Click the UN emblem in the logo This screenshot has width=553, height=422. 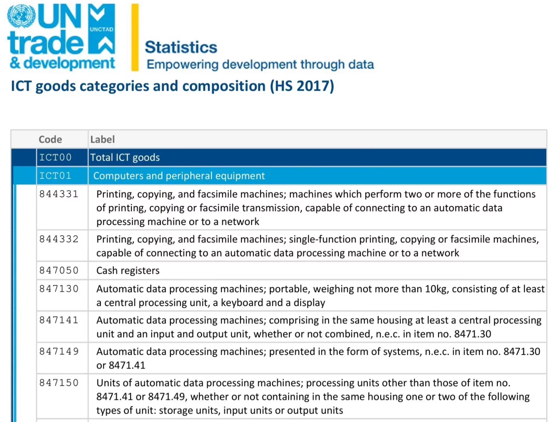[x=21, y=15]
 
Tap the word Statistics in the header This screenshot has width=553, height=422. [x=181, y=47]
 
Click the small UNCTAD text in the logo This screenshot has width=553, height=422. [x=102, y=29]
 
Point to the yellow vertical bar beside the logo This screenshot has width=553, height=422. [x=135, y=37]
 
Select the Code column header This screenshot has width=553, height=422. [x=50, y=139]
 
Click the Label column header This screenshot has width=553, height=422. [x=102, y=139]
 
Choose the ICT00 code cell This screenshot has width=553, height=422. [x=56, y=157]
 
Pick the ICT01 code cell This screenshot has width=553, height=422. [x=56, y=176]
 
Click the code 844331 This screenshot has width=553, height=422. [x=59, y=194]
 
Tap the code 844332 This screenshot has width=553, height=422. [x=59, y=239]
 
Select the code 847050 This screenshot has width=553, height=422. [x=59, y=271]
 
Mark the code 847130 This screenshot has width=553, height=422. [x=59, y=289]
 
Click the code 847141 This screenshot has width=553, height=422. [x=59, y=320]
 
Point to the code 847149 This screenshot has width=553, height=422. [x=59, y=352]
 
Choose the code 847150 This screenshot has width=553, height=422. [x=59, y=383]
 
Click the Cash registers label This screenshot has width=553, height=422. [x=128, y=271]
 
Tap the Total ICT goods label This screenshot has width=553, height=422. [x=125, y=157]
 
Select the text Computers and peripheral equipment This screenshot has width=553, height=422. [x=179, y=176]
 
